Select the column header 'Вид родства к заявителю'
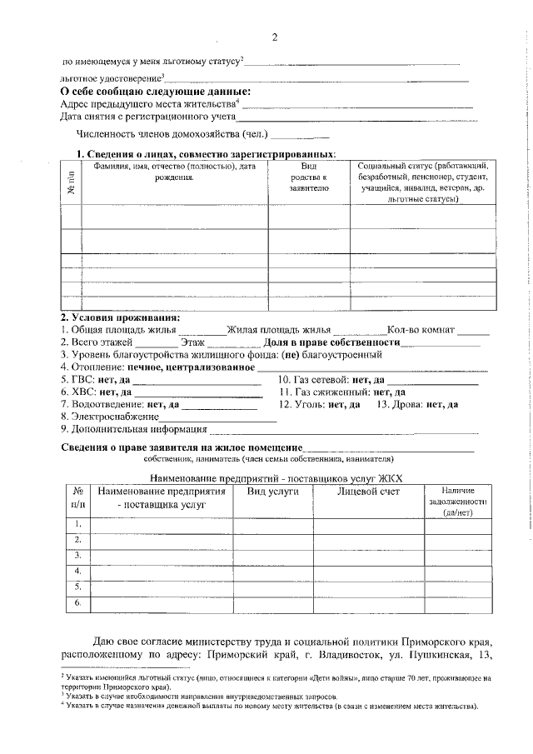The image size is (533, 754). click(x=309, y=177)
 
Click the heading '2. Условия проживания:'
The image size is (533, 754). click(x=120, y=317)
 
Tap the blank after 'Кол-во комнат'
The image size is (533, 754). click(x=474, y=330)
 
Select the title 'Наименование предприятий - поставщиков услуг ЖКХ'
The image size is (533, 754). click(x=275, y=478)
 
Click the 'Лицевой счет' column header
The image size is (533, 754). click(x=368, y=492)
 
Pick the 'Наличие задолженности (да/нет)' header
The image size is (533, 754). click(x=457, y=502)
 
